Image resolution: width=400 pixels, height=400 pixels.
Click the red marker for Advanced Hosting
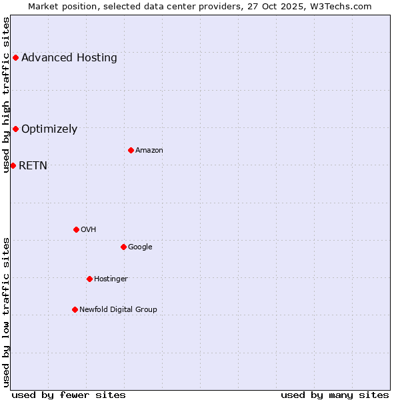click(x=15, y=57)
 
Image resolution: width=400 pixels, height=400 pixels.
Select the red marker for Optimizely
click(x=15, y=129)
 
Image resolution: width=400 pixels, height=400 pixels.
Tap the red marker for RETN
click(x=13, y=165)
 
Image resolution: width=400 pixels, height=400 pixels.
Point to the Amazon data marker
click(x=131, y=150)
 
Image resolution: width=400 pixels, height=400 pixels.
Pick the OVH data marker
click(x=76, y=229)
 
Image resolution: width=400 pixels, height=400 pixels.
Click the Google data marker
click(x=123, y=247)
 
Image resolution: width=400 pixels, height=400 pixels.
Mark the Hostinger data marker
click(x=89, y=279)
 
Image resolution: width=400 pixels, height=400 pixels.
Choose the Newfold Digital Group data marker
click(x=75, y=309)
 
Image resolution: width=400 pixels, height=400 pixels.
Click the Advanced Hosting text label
click(x=69, y=57)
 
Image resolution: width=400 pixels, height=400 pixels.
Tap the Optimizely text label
click(x=49, y=129)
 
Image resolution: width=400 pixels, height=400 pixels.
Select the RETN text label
click(x=33, y=165)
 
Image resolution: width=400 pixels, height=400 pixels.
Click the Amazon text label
click(x=149, y=150)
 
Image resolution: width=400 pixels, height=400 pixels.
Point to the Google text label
click(x=140, y=247)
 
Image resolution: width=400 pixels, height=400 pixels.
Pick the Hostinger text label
click(x=111, y=279)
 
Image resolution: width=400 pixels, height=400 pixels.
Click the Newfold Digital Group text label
click(x=118, y=309)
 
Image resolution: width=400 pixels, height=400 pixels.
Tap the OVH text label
click(x=89, y=229)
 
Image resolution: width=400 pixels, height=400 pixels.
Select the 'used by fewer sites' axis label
click(x=69, y=395)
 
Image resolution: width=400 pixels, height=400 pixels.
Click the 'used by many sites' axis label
click(x=335, y=395)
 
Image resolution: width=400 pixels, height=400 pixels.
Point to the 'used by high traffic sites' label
click(x=6, y=95)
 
